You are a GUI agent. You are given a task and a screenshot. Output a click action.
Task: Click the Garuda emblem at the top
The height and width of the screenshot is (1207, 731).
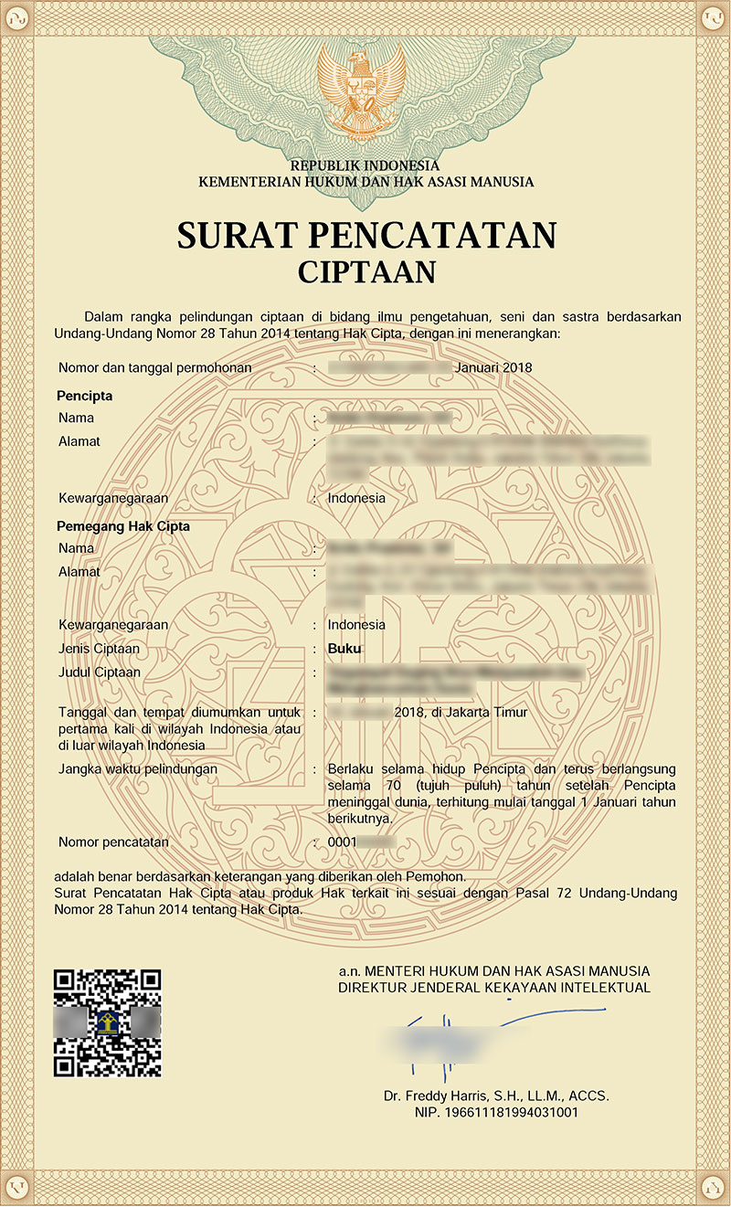(x=364, y=90)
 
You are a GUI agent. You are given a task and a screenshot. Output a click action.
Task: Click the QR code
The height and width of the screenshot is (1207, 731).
(x=108, y=1022)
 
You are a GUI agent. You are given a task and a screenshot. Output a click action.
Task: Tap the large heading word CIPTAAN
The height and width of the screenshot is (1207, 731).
(x=366, y=271)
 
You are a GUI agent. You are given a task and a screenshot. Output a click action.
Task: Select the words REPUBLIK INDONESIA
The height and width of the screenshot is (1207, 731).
(x=365, y=166)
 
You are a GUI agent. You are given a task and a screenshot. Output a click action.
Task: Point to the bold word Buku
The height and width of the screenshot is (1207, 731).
(x=344, y=649)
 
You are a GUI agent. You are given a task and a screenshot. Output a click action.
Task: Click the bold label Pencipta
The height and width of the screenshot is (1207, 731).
(x=85, y=397)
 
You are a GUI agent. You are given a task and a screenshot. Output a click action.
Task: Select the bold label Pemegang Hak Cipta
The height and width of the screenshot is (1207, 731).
(x=123, y=527)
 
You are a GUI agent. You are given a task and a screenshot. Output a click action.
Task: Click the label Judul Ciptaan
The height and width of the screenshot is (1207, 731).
(x=99, y=672)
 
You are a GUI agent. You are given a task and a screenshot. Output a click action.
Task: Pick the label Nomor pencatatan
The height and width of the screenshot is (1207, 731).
(x=113, y=841)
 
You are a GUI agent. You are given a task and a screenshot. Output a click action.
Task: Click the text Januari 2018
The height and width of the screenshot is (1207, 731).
(x=493, y=367)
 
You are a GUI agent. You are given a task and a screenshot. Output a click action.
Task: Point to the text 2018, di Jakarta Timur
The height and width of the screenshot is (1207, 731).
(x=461, y=712)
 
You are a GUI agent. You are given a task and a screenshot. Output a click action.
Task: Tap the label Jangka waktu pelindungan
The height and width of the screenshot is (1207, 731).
(x=138, y=769)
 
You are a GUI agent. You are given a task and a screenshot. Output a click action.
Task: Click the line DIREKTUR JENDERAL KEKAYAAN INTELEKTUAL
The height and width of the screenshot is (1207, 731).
(x=494, y=988)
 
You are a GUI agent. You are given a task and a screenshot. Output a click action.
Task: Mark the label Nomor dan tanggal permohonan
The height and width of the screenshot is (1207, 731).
(x=154, y=367)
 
